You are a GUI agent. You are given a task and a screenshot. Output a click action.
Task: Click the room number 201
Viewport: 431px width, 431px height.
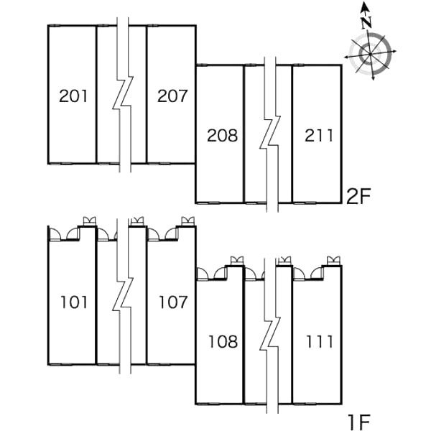[73, 96]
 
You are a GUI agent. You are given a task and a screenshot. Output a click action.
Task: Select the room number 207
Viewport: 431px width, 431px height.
[172, 96]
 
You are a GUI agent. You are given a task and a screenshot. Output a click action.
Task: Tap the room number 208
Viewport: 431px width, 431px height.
[222, 136]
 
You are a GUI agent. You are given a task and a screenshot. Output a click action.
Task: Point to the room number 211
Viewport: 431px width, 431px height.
[319, 136]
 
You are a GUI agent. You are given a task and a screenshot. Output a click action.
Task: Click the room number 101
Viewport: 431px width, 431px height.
[74, 302]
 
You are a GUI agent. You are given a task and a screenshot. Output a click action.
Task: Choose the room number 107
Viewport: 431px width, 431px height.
[173, 302]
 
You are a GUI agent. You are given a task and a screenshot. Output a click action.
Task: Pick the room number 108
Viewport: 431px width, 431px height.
[223, 342]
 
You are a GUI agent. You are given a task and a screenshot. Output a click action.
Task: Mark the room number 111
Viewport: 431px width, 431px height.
[320, 342]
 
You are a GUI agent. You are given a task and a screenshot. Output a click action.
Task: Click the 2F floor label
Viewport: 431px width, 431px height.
[358, 196]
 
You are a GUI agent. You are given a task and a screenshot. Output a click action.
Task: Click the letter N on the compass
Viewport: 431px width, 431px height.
[366, 22]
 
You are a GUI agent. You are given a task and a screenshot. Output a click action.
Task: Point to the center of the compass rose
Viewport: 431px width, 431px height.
[370, 54]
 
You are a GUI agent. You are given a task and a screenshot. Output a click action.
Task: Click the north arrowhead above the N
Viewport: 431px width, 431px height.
[365, 6]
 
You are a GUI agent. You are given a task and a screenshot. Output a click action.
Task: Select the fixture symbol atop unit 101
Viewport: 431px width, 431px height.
[90, 221]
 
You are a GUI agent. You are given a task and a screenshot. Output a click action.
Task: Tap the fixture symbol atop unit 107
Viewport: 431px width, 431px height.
[188, 221]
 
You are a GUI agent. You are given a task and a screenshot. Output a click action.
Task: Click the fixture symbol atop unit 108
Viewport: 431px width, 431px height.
[237, 261]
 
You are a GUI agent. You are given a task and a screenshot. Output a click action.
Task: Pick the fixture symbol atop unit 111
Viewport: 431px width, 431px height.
[334, 261]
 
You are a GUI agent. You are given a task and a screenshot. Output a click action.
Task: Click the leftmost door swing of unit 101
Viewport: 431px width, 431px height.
[55, 234]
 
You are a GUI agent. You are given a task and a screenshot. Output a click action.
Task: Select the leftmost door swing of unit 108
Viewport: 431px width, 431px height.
[203, 274]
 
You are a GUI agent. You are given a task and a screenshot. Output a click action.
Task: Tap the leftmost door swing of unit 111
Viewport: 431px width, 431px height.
[300, 274]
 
